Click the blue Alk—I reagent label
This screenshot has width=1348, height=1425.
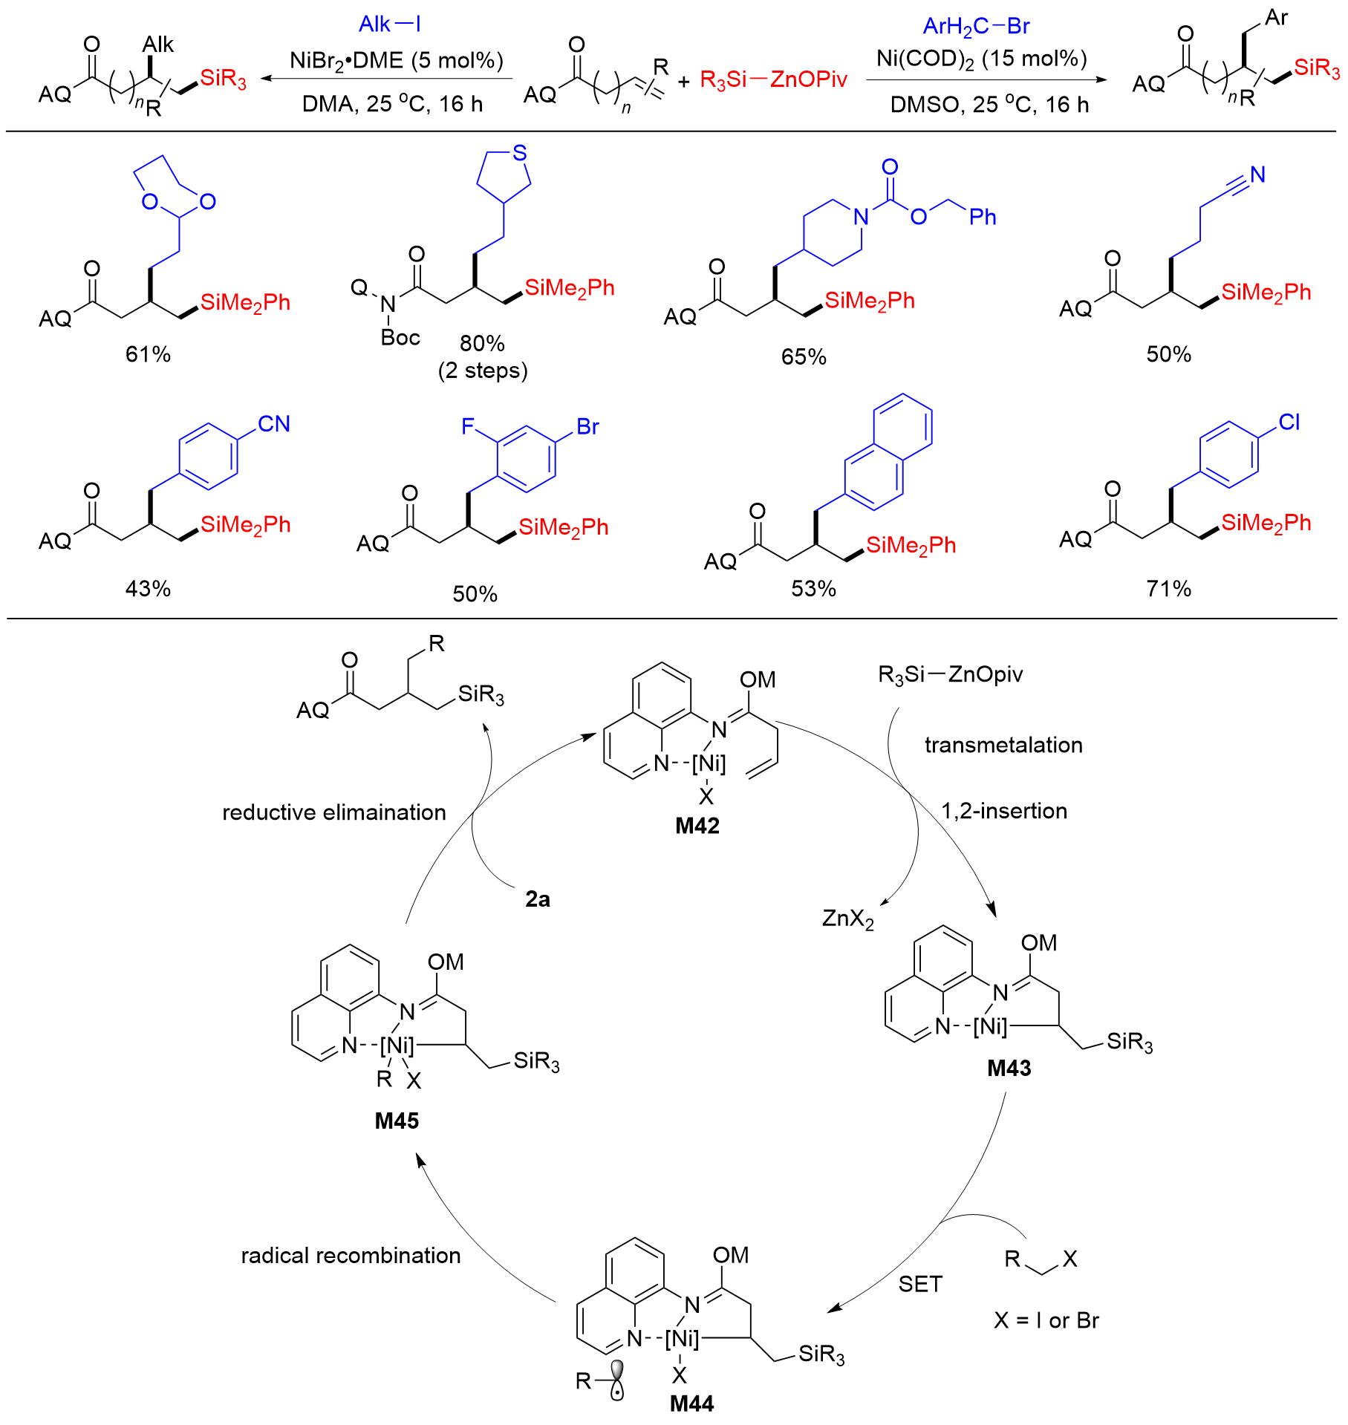tap(390, 25)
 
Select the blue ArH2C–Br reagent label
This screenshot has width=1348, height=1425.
tap(976, 27)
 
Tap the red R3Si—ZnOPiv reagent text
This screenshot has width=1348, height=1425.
tap(773, 79)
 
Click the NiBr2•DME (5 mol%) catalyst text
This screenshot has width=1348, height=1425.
tap(397, 60)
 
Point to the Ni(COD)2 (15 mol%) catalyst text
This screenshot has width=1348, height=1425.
tap(982, 59)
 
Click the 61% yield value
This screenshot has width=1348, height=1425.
tap(148, 354)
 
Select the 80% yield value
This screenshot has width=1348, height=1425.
tap(482, 343)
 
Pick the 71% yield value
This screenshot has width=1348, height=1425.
tap(1168, 589)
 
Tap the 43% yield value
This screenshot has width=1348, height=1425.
tap(148, 589)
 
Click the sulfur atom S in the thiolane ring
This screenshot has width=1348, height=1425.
tap(520, 153)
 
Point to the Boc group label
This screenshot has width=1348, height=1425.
tap(400, 338)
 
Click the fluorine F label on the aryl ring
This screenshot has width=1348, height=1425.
tap(468, 426)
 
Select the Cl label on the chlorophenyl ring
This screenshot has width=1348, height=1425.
tap(1289, 423)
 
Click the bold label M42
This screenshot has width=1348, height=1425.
tap(697, 825)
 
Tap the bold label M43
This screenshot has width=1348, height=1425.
tap(1009, 1068)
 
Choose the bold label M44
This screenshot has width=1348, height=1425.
tap(691, 1403)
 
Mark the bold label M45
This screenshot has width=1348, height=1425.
tap(397, 1121)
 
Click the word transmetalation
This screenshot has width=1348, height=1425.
tap(1003, 745)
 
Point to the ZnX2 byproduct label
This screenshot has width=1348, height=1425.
tap(848, 919)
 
